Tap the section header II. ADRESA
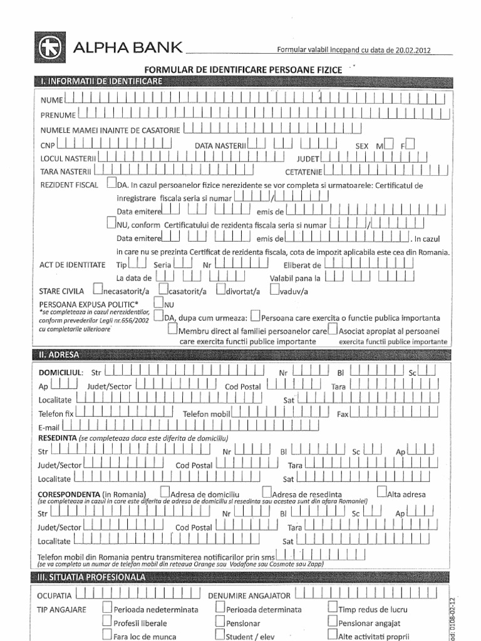[x=59, y=355]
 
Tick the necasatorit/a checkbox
[x=98, y=289]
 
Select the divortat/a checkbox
[x=222, y=289]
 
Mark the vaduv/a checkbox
[x=275, y=289]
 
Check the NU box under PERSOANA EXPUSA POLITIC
[x=158, y=303]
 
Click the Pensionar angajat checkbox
[x=332, y=622]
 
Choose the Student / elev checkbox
[x=220, y=635]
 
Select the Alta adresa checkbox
[x=382, y=493]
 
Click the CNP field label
[x=48, y=146]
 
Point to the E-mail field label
[x=50, y=427]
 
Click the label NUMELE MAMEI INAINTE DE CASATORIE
[x=110, y=130]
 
